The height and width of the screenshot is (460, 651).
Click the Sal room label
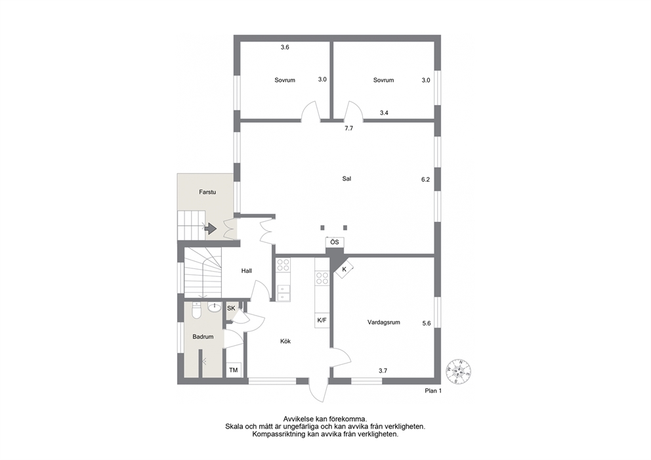point(346,179)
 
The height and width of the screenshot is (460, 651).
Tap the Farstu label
point(207,192)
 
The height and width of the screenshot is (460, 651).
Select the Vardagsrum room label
point(384,322)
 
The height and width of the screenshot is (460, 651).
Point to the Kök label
point(285,341)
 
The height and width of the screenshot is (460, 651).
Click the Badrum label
point(203,337)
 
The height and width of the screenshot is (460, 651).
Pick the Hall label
point(247,271)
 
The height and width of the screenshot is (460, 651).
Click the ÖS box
point(335,242)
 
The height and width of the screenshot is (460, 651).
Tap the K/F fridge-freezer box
point(322,320)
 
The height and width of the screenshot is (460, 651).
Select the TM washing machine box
point(234,370)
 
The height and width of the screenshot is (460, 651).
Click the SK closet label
point(231,308)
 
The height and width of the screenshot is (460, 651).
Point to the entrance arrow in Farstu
point(211,228)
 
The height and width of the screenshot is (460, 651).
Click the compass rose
point(458,371)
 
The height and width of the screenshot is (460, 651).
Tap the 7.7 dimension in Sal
point(348,129)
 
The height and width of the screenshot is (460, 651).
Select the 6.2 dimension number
point(425,180)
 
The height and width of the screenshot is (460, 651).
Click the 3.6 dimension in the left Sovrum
point(285,47)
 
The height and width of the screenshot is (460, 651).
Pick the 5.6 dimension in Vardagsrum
point(427,324)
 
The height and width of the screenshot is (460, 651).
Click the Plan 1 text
point(433,390)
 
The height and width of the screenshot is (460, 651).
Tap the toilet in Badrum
point(197,311)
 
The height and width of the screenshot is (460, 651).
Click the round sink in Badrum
point(214,308)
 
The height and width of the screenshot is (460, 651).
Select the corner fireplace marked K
point(344,270)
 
